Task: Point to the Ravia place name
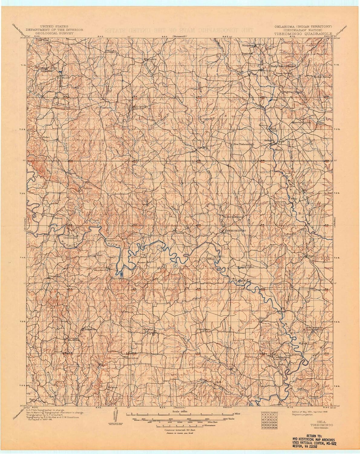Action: point(178,233)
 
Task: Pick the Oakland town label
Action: point(148,329)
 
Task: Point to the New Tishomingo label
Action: point(243,144)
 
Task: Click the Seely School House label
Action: point(283,66)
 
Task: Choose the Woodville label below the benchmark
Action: point(132,358)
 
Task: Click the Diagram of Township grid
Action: point(269,421)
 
